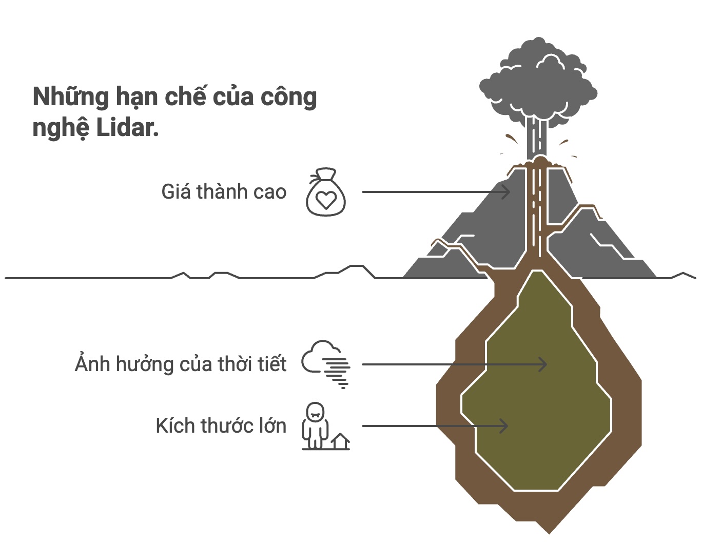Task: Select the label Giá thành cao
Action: pos(224,192)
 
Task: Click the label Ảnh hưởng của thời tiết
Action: pos(181,364)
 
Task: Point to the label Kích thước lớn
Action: pos(221,426)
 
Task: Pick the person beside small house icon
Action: pos(315,426)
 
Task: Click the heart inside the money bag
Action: pos(326,199)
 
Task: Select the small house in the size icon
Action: pos(340,441)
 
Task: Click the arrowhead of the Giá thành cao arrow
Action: pos(507,192)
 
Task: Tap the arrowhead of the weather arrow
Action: pos(543,364)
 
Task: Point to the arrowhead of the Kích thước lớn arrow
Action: pos(504,426)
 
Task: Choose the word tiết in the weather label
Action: pos(272,364)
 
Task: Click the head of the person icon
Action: pos(315,411)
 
